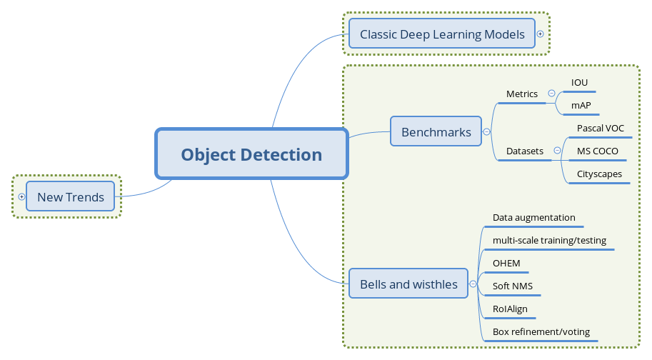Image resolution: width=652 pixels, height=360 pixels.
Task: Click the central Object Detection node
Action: coord(251,154)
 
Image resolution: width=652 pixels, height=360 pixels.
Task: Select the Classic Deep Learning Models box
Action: coord(442,34)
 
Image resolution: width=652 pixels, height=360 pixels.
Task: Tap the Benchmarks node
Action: coord(436,132)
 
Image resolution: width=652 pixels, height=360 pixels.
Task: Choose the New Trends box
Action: coord(70,197)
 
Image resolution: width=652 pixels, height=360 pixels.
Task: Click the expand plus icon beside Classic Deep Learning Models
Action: coord(540,34)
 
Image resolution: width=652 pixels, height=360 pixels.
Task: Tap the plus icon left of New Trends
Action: coord(21,196)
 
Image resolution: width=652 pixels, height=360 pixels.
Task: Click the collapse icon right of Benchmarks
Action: coord(486,132)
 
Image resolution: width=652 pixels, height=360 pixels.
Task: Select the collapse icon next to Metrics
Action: coord(551,94)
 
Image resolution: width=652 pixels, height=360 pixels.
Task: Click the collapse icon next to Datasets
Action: coord(557,151)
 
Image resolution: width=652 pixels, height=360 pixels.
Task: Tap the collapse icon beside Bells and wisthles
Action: coord(473,284)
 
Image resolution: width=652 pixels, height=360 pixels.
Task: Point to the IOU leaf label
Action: coord(579,83)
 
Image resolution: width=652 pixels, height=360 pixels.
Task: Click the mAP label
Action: coord(581,106)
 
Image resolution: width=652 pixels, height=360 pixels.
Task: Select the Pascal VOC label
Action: coord(600,129)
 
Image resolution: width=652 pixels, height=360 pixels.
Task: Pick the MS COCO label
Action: coord(597,151)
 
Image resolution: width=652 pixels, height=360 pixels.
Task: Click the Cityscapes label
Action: coord(599,174)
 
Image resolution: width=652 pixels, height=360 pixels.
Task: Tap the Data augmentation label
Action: coord(533,218)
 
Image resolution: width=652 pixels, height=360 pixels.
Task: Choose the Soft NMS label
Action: coord(512,286)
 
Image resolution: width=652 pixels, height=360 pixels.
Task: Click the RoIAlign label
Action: coord(510,309)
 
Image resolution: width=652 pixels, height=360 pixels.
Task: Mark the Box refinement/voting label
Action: coord(541,332)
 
